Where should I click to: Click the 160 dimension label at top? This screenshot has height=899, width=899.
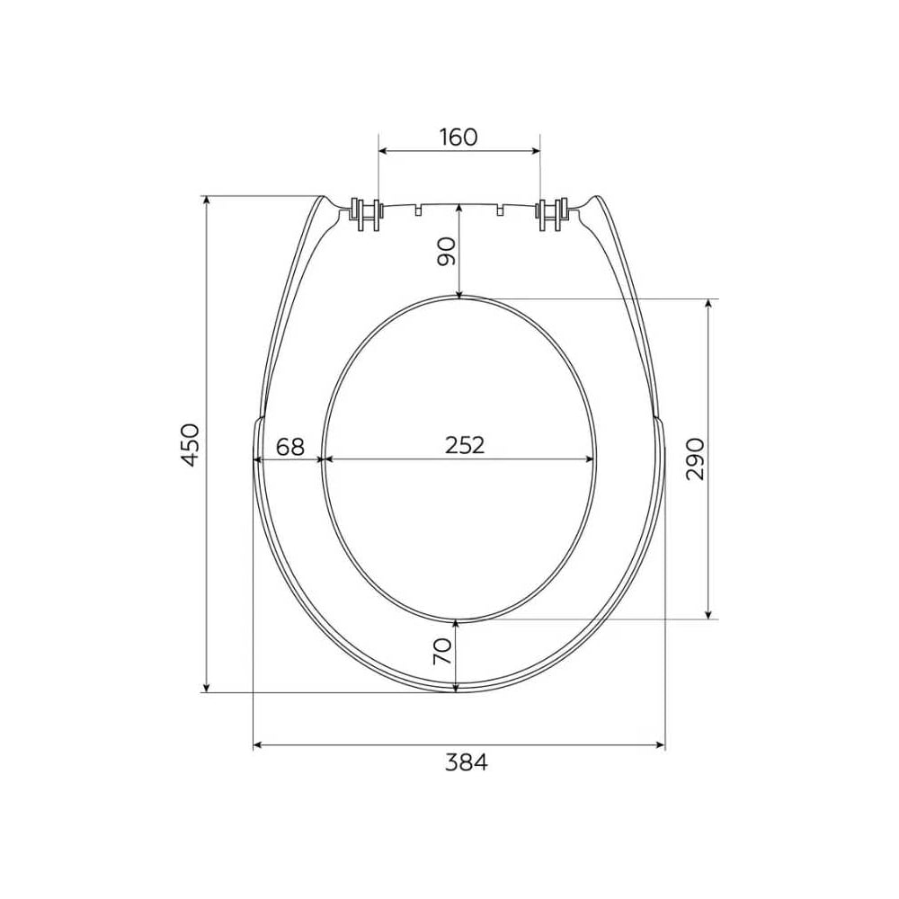tap(458, 137)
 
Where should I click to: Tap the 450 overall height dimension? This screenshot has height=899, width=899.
tap(190, 445)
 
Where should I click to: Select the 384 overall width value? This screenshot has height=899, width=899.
tap(467, 762)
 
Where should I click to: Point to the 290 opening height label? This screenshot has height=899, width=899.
tap(695, 458)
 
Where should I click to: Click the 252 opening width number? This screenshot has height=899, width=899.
tap(465, 445)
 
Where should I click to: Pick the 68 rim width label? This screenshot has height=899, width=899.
tap(290, 446)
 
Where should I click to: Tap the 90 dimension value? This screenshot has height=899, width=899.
tap(446, 251)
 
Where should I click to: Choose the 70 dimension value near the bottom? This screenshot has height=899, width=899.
tap(442, 652)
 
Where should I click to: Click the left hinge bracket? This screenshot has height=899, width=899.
tap(365, 215)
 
